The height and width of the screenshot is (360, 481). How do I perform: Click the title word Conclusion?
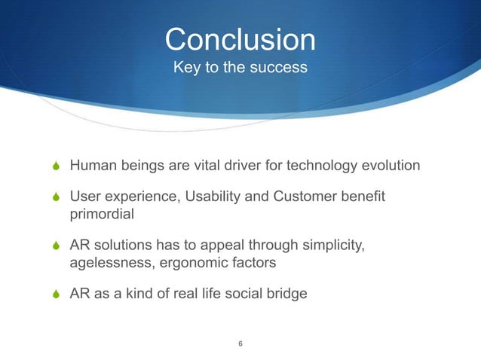240,39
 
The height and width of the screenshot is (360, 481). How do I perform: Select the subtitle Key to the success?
240,68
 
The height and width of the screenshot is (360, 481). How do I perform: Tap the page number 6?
240,344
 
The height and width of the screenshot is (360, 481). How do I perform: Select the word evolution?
388,164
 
